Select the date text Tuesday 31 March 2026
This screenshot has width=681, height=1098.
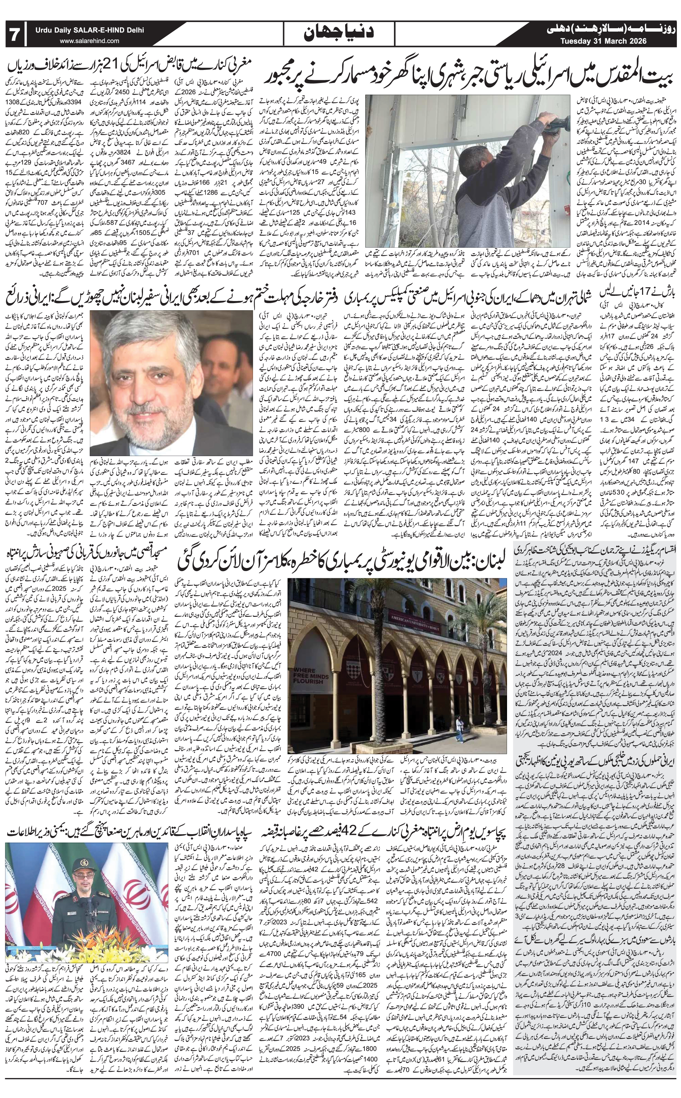click(603, 41)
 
